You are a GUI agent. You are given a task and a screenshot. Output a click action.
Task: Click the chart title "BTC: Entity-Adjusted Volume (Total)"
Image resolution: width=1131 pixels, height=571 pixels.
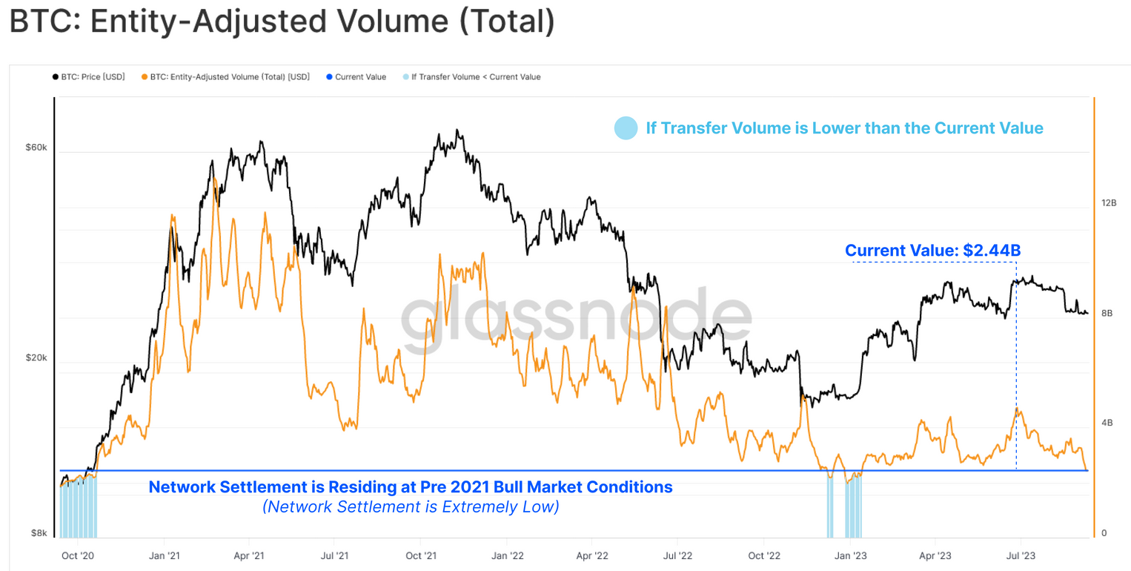282,22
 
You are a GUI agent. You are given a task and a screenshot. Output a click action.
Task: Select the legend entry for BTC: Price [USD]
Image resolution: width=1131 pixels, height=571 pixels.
89,76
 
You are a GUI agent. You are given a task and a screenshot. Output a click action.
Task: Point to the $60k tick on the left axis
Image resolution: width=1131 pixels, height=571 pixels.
36,148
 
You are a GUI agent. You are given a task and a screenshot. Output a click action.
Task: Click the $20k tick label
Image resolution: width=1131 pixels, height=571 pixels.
36,357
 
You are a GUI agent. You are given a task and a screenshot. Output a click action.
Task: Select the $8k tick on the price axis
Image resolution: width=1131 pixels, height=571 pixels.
39,532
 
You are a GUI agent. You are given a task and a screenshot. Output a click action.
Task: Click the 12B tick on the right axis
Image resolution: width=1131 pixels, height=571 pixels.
1109,202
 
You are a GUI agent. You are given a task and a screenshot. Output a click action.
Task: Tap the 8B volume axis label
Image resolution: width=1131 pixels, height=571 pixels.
1107,314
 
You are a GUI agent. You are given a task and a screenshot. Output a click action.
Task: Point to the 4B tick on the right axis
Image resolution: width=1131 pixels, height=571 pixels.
1107,423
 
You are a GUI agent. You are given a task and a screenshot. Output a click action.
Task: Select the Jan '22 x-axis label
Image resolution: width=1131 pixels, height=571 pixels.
505,555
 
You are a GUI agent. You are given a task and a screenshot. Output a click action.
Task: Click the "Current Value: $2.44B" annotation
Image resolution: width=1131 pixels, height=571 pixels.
933,251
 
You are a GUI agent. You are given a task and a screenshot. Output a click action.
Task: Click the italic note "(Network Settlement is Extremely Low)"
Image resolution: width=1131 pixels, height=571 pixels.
410,507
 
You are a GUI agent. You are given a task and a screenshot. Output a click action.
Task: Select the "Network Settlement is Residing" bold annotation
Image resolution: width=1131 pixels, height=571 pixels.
411,487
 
